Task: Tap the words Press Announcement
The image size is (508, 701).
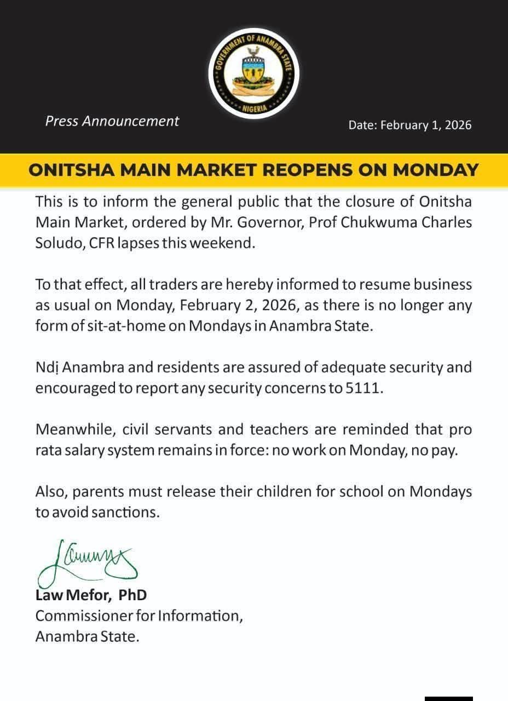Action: tap(112, 121)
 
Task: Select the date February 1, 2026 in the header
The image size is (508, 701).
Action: tap(426, 125)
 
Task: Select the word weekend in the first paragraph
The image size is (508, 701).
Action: tap(226, 243)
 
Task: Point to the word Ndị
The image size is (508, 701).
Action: tap(47, 367)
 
